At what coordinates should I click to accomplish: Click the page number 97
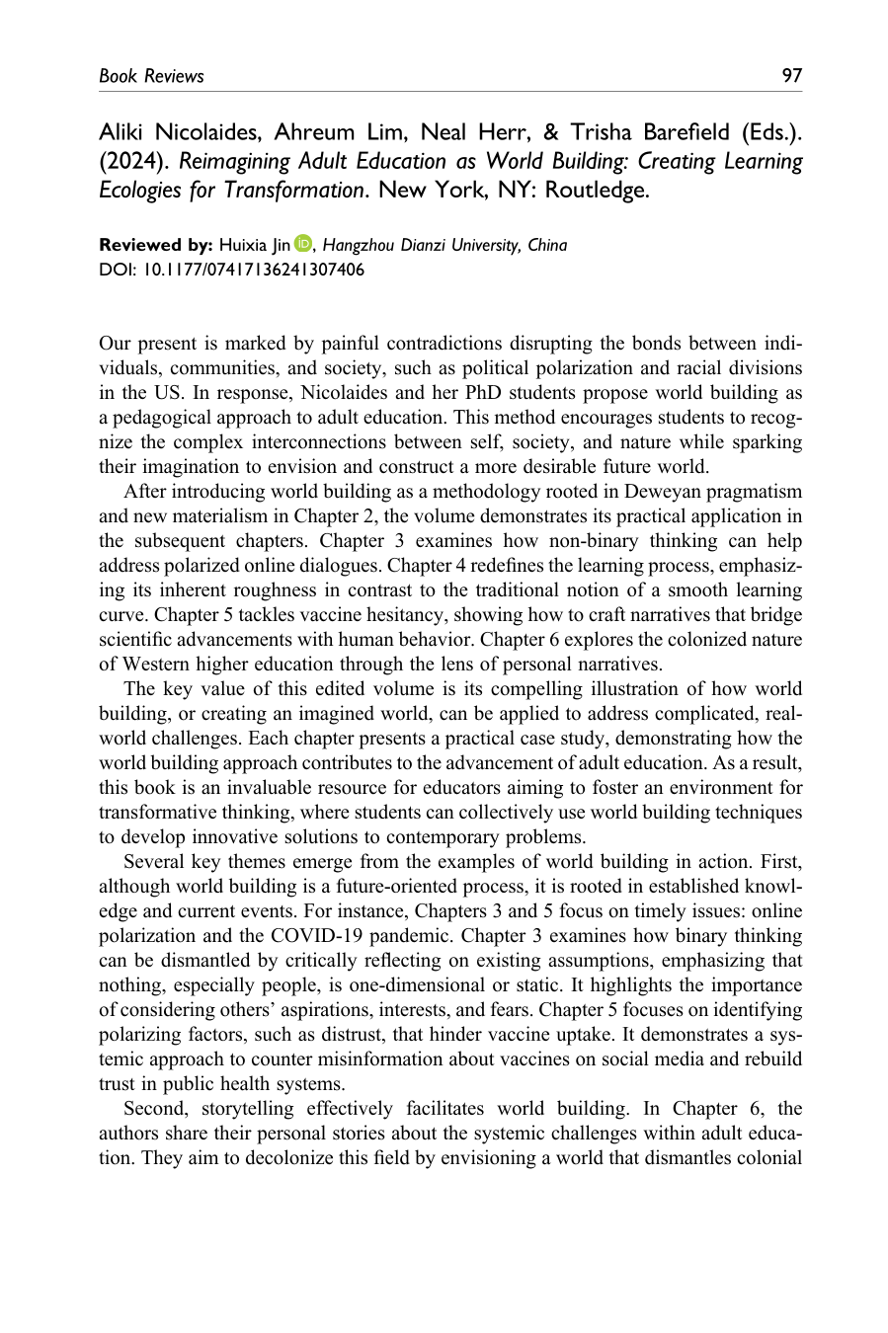tap(791, 76)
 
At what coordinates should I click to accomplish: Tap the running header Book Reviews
tap(151, 76)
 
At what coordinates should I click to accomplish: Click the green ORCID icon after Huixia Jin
tap(302, 245)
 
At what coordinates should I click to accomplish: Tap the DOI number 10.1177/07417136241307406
tap(246, 270)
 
